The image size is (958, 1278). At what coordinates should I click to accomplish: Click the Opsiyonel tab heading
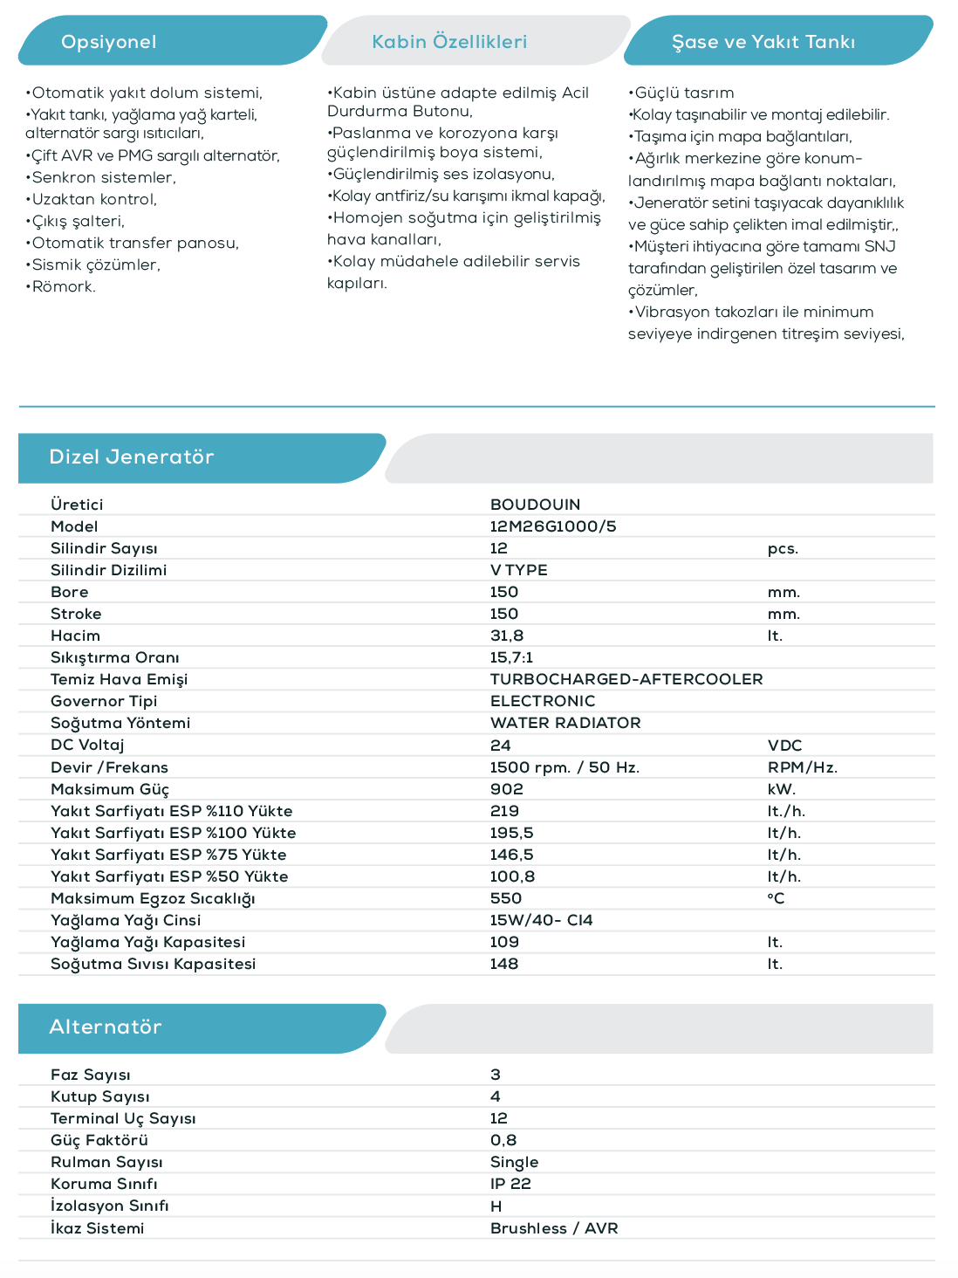click(109, 42)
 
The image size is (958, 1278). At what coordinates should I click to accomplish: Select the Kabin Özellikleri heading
click(449, 42)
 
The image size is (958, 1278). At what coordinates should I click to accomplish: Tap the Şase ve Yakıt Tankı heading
click(763, 42)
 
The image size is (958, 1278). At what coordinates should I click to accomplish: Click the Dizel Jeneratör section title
click(132, 457)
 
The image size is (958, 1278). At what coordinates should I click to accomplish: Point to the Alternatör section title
click(106, 1027)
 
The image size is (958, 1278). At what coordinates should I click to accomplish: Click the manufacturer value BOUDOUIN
click(535, 505)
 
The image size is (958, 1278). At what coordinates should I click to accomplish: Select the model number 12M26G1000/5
click(553, 526)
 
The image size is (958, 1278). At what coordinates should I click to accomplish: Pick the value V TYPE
click(519, 570)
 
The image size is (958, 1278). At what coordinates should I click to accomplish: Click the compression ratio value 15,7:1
click(511, 657)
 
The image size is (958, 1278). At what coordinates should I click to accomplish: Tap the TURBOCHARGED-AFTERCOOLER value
click(626, 679)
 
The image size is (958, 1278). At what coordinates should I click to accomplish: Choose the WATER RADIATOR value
click(565, 723)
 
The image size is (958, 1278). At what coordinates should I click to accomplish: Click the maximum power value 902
click(507, 789)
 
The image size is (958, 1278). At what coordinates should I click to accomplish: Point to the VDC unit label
click(784, 745)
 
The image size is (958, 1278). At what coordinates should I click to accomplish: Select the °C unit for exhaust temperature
click(776, 898)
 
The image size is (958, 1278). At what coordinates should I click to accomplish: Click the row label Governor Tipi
click(104, 701)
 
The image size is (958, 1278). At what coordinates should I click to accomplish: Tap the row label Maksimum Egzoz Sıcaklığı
click(153, 898)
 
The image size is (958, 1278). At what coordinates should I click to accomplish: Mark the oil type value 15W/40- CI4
click(541, 920)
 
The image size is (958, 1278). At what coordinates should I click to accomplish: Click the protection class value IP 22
click(510, 1184)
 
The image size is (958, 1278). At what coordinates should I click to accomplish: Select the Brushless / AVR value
click(554, 1228)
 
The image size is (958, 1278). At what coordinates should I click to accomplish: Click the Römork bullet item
click(63, 286)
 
